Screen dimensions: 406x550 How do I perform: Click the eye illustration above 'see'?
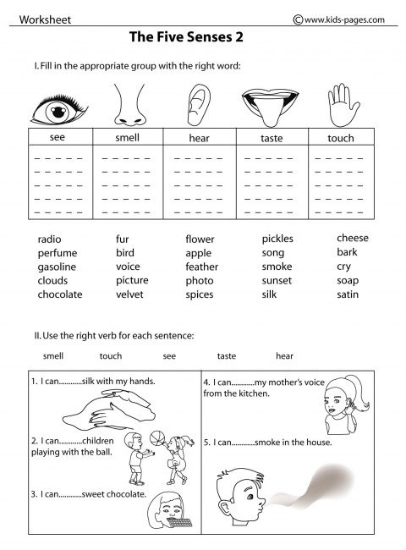pos(58,110)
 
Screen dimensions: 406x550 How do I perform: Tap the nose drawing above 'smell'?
pos(129,105)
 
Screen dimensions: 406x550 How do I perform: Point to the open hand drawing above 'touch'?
pos(343,105)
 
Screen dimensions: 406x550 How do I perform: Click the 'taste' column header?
pos(272,138)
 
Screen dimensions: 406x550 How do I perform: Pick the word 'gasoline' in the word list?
pos(57,267)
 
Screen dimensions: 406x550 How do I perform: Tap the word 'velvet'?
pos(129,294)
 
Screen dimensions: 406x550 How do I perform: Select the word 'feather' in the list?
pos(202,267)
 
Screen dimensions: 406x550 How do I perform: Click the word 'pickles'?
pos(277,239)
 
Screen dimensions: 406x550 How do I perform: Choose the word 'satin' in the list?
pos(348,294)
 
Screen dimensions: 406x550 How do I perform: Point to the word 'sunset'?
pos(277,281)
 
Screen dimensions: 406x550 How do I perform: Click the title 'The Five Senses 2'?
pos(186,37)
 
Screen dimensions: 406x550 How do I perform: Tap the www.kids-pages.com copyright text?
pos(338,19)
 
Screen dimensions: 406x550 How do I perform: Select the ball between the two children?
pos(157,438)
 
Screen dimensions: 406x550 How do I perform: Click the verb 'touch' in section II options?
pos(111,356)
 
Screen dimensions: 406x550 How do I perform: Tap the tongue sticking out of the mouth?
pos(269,112)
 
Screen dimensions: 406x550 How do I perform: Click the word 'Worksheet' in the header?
pos(45,19)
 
